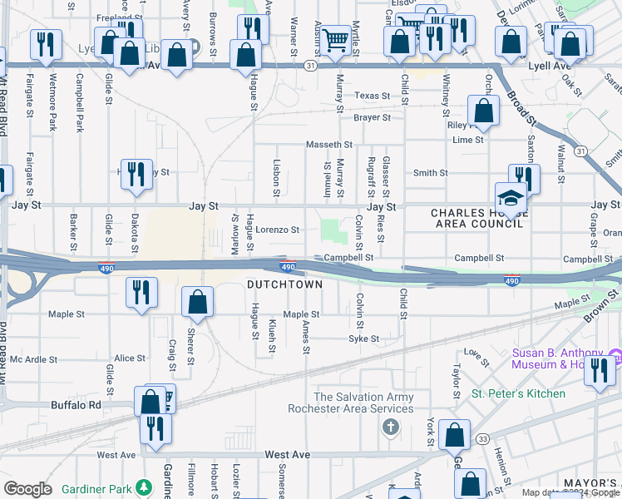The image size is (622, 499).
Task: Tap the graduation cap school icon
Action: pyautogui.click(x=511, y=198)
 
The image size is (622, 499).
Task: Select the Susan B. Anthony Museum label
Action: pyautogui.click(x=561, y=358)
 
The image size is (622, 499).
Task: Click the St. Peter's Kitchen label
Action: pyautogui.click(x=518, y=393)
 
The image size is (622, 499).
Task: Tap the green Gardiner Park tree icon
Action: pyautogui.click(x=145, y=487)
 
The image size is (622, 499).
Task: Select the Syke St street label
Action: pyautogui.click(x=363, y=338)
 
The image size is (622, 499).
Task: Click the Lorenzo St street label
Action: pyautogui.click(x=277, y=230)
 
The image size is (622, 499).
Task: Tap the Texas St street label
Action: pyautogui.click(x=372, y=96)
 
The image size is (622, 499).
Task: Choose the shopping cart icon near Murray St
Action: pyautogui.click(x=334, y=38)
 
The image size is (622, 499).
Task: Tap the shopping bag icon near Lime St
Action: pyautogui.click(x=483, y=111)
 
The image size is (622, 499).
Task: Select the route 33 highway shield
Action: pyautogui.click(x=481, y=438)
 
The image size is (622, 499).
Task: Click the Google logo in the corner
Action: pyautogui.click(x=27, y=489)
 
